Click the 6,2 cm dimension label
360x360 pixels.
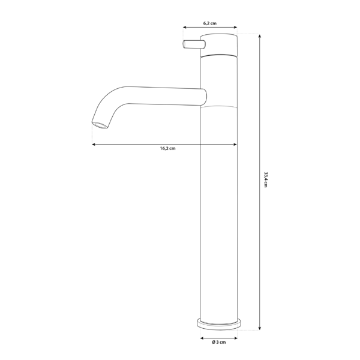click(209, 23)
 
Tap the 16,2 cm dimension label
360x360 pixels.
click(167, 148)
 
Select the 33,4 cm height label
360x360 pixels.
click(265, 179)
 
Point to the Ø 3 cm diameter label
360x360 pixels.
click(219, 341)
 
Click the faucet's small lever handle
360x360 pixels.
click(193, 45)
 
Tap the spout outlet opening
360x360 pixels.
click(100, 125)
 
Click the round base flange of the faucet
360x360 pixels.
click(219, 323)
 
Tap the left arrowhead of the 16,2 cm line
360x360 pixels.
click(94, 144)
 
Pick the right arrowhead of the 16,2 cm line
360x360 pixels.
click(235, 144)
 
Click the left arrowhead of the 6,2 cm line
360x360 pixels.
click(184, 27)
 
